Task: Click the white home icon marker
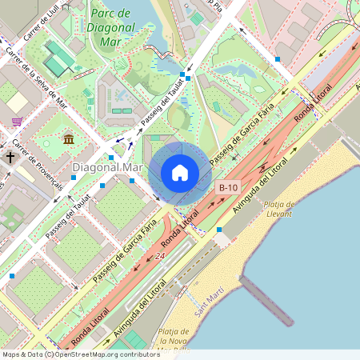point(180,173)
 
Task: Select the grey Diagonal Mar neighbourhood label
point(107,168)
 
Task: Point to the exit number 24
point(160,256)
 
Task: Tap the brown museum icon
point(69,140)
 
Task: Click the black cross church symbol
point(12,157)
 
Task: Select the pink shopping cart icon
point(17,122)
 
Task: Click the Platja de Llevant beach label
point(278,210)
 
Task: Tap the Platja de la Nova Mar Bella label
point(174,337)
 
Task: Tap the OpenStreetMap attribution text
point(80,354)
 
